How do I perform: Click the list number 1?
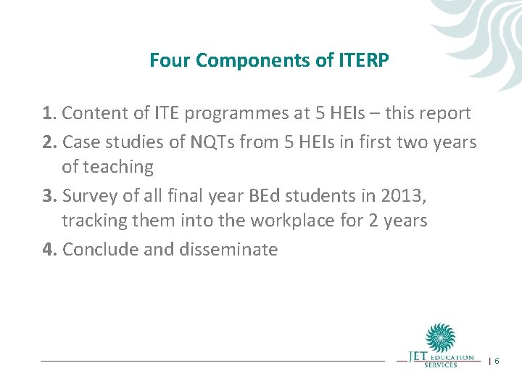click(49, 113)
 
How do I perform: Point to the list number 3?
click(49, 195)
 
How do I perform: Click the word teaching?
click(117, 167)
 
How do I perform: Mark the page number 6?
click(497, 361)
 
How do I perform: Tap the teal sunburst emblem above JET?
click(440, 338)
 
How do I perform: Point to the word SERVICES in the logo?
click(441, 364)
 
